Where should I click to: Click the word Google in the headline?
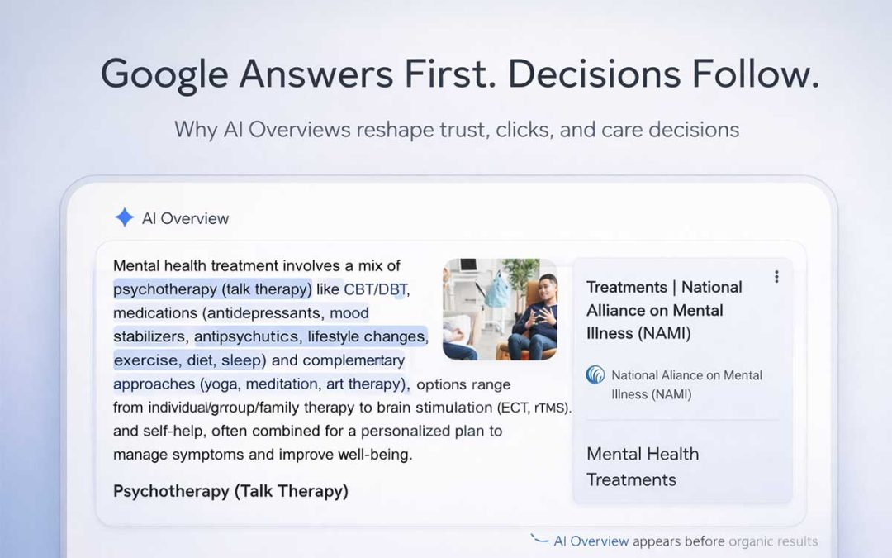click(x=163, y=74)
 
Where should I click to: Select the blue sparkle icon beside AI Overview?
click(x=124, y=217)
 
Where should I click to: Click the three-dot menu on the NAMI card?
click(x=776, y=277)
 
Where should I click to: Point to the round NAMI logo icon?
click(x=595, y=375)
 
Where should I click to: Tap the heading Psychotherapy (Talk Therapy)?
click(x=230, y=491)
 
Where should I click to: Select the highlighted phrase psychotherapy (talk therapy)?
click(x=213, y=289)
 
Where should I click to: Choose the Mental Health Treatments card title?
click(x=642, y=466)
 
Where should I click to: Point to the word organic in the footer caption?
click(x=751, y=541)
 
